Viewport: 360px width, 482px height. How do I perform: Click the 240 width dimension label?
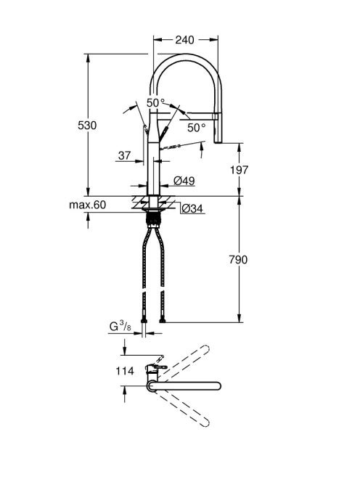coord(185,40)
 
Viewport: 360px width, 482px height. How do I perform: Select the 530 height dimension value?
coord(87,126)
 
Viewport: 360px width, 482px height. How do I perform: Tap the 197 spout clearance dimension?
coord(239,170)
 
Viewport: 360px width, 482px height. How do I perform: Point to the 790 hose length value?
coord(238,260)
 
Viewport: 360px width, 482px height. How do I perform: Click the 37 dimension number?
coord(125,155)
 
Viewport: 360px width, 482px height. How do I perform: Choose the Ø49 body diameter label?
coord(184,181)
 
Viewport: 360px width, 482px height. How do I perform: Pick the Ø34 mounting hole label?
coord(192,209)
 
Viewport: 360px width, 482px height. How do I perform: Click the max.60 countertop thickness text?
coord(88,205)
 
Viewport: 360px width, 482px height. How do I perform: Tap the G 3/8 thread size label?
coord(120,326)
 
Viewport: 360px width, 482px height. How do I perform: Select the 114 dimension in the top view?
coord(125,371)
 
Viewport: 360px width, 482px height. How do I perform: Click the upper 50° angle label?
coord(155,102)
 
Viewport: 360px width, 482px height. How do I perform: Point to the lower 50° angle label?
coord(197,128)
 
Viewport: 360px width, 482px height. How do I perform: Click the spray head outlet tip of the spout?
coord(218,141)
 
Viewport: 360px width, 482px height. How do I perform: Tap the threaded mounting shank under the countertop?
coord(153,219)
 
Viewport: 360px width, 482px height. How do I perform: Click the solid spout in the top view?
coord(184,386)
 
